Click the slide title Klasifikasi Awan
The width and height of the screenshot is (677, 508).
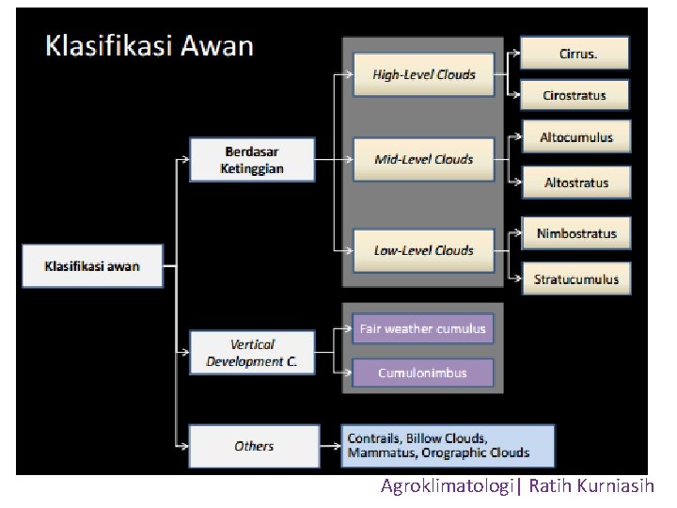150,46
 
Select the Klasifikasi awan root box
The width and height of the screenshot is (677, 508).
92,266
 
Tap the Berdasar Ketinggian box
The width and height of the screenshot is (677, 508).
252,160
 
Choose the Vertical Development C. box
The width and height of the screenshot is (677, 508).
252,353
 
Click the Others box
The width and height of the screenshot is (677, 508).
253,446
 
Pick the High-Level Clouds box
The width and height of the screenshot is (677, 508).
424,74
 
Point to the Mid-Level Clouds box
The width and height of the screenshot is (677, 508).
424,159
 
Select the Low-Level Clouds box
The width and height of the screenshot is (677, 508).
424,250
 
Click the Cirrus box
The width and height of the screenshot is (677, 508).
574,54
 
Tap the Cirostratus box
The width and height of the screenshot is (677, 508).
574,95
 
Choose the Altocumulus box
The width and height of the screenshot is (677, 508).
575,137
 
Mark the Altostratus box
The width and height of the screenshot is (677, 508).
575,183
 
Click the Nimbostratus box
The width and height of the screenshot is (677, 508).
576,233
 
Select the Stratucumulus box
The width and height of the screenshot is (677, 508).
576,278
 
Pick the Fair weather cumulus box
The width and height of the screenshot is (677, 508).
422,328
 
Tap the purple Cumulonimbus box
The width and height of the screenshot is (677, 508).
422,373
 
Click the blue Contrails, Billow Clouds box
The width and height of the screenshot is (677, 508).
449,446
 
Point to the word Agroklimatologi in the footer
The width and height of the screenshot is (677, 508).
448,486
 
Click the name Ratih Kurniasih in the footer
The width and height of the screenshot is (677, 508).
596,486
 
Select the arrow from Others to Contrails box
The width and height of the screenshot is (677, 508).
329,446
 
